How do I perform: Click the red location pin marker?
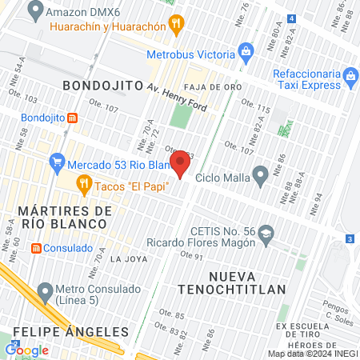click(x=180, y=164)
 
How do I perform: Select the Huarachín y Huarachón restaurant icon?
click(x=177, y=26)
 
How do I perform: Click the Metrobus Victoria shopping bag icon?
click(x=247, y=54)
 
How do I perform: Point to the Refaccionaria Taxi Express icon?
click(x=350, y=78)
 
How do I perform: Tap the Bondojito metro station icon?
click(x=73, y=117)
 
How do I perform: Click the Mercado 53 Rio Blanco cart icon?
click(x=56, y=164)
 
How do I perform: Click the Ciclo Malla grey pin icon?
click(x=260, y=175)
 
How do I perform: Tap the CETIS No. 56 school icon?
click(x=266, y=234)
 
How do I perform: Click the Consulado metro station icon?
click(x=36, y=248)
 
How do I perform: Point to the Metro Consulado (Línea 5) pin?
click(x=45, y=290)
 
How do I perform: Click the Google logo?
click(x=27, y=350)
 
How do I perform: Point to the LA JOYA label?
click(x=127, y=259)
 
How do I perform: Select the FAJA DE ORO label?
click(x=206, y=86)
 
